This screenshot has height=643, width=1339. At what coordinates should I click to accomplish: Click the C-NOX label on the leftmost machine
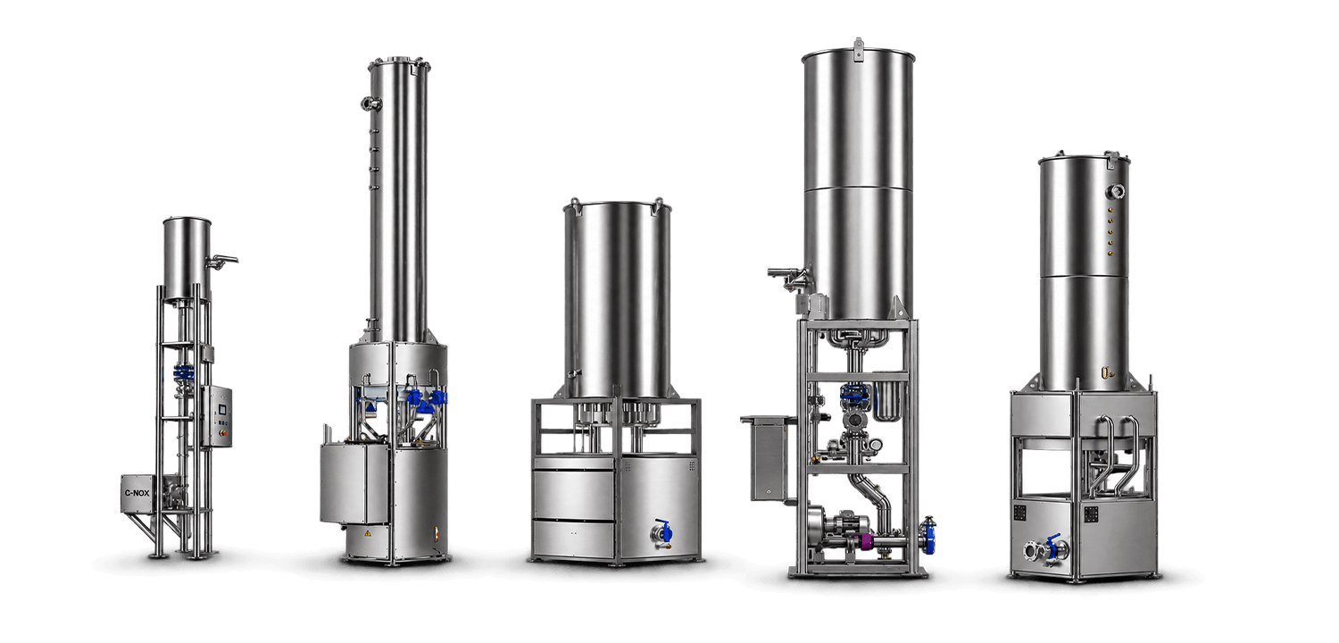pos(137,494)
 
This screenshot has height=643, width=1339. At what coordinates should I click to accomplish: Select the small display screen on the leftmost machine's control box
pos(222,410)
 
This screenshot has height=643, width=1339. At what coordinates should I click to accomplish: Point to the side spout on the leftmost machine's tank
pos(221,260)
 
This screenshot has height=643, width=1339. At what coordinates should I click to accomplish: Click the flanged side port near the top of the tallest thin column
pos(370,104)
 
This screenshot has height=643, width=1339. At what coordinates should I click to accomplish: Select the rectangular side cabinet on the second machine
pos(354,483)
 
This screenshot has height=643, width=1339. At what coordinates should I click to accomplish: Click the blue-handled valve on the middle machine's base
pos(663,531)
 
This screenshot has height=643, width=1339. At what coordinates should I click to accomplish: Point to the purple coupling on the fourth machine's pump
pos(866,542)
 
